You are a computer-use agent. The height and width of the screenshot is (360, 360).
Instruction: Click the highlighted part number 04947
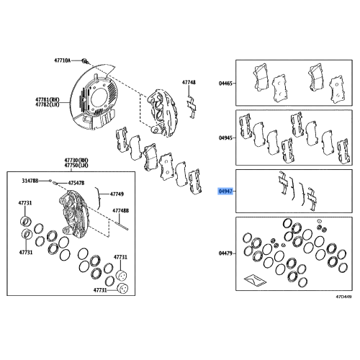(225, 192)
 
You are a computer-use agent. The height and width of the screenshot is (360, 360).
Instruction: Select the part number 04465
(225, 84)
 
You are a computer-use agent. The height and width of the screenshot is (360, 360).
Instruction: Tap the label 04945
(225, 138)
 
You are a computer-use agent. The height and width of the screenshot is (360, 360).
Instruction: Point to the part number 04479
(225, 253)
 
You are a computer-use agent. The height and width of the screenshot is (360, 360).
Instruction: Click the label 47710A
(63, 60)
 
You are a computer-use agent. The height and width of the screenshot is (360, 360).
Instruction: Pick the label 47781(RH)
(48, 99)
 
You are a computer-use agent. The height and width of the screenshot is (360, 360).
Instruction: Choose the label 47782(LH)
(48, 104)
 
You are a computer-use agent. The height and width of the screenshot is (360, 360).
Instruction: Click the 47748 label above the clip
(189, 82)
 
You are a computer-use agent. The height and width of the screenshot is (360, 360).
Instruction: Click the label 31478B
(30, 181)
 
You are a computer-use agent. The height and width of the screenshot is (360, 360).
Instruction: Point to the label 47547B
(76, 183)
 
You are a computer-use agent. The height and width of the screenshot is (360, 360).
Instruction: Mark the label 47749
(117, 194)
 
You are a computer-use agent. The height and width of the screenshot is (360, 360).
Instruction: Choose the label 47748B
(121, 211)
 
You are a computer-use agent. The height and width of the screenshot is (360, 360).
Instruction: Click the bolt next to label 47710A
(85, 61)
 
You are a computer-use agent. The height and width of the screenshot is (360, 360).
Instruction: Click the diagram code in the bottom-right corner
(343, 297)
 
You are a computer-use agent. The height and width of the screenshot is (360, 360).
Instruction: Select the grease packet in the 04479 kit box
(255, 280)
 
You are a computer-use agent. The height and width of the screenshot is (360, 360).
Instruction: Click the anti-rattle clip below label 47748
(192, 107)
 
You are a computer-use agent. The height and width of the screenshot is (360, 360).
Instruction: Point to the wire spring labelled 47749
(98, 198)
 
